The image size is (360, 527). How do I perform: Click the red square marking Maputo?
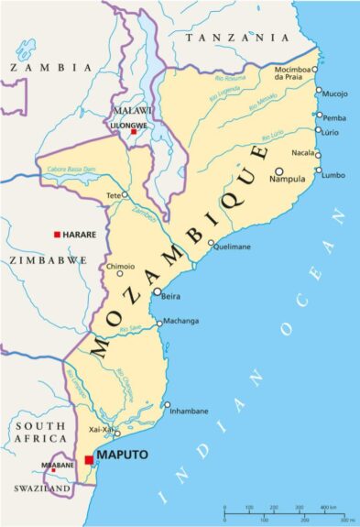point(89,460)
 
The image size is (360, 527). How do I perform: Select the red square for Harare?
point(57,235)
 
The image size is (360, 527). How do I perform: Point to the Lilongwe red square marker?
point(134,132)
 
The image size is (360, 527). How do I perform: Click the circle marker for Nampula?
point(278,170)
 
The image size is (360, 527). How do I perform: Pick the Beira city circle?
point(157,291)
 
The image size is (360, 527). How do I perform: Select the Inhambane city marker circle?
point(167,404)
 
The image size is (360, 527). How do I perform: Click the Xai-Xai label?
point(100,429)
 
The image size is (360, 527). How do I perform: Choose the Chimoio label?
point(121,266)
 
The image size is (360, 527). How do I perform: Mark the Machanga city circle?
point(158,323)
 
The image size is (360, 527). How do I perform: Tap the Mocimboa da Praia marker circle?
point(314,69)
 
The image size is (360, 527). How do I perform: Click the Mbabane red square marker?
point(54,471)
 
